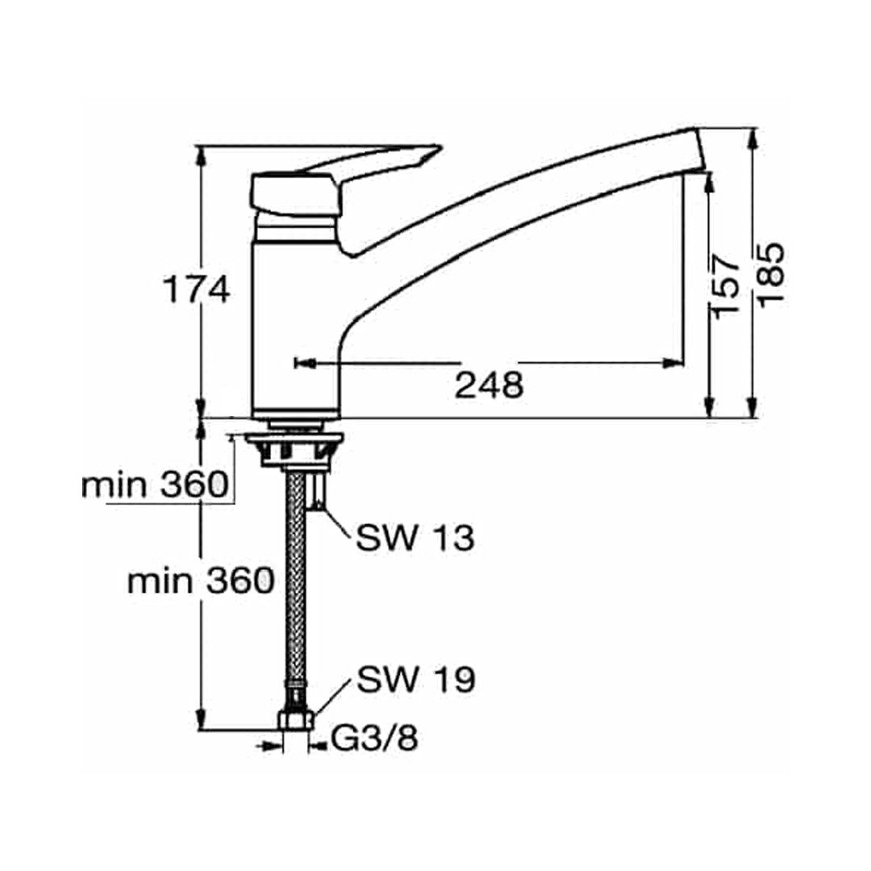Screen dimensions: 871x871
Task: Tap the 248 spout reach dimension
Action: coord(489,385)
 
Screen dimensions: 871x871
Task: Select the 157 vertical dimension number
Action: coord(726,286)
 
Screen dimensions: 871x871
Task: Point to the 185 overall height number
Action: coord(770,274)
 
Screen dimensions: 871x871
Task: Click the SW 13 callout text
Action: coord(415,538)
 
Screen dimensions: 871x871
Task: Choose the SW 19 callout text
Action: coord(416,679)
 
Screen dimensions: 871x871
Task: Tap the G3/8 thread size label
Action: coord(374,739)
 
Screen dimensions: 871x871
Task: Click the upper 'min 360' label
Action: coord(155,486)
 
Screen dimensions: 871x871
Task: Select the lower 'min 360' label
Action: coord(201,581)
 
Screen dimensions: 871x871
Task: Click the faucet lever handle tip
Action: coord(439,148)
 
